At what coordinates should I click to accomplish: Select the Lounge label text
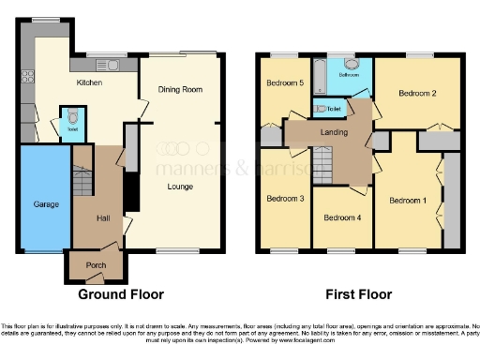tap(180, 187)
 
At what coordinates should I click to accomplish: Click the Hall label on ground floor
tap(103, 219)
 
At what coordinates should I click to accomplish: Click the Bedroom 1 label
tap(407, 200)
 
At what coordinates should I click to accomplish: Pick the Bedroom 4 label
tap(340, 217)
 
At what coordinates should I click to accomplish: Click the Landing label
tap(333, 132)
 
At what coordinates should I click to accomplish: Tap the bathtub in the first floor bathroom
tap(321, 74)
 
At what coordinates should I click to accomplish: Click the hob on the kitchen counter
tap(28, 75)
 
